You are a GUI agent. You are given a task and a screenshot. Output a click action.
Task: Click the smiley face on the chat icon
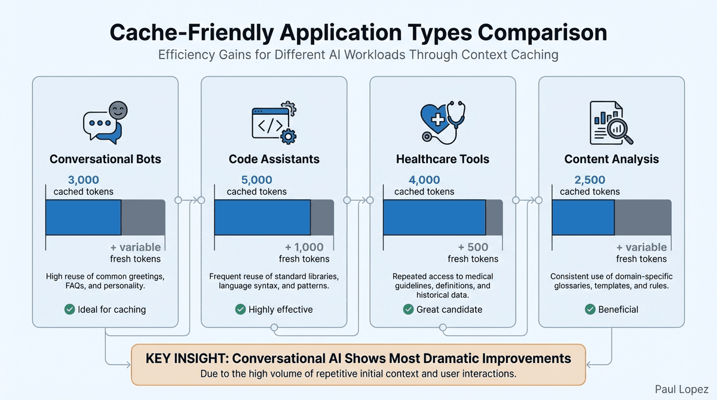click(x=118, y=111)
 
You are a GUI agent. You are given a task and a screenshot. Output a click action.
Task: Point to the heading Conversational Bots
click(x=105, y=159)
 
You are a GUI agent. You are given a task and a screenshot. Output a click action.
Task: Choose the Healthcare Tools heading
click(x=443, y=159)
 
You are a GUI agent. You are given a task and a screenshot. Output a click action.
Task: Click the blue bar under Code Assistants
click(x=262, y=217)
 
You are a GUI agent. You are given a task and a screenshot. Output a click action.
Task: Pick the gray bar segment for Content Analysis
click(x=643, y=217)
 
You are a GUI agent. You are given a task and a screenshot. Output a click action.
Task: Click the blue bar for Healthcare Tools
click(x=434, y=217)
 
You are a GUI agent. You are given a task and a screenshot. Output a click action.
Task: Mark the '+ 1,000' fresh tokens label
click(x=304, y=247)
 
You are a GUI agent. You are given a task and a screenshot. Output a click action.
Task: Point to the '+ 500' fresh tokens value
click(x=473, y=247)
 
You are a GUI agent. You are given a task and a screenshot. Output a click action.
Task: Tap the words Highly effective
click(x=280, y=309)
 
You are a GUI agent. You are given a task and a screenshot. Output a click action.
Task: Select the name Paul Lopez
click(x=682, y=388)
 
